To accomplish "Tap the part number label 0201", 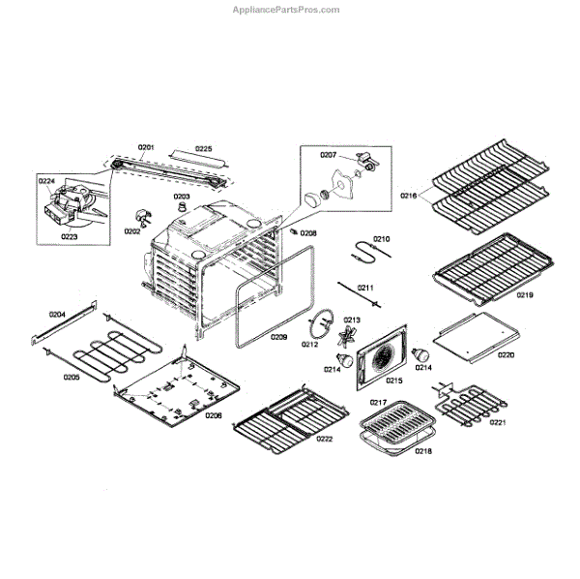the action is coord(145,148).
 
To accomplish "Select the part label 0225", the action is coord(203,148).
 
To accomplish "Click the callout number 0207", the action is coord(328,155).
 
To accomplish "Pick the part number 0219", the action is coord(524,294).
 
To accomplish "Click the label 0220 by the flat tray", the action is coord(506,354).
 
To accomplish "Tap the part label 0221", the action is coord(525,422).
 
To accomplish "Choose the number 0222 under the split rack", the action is coord(324,439).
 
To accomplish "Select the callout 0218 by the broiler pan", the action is coord(423,451).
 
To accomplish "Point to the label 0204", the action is coord(57,315).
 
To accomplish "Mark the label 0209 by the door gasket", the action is coord(278,337).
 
